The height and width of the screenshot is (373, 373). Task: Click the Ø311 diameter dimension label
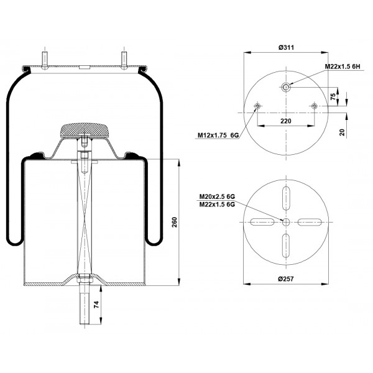click(x=286, y=48)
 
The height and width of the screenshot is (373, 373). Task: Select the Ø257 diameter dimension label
click(x=286, y=279)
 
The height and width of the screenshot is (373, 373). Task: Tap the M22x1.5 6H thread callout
click(x=343, y=67)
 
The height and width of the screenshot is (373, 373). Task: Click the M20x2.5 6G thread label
click(x=217, y=196)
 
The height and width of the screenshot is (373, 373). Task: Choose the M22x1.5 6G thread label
click(x=217, y=205)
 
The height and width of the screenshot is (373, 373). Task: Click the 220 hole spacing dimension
click(x=286, y=121)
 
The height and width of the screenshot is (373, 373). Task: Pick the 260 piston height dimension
click(x=175, y=222)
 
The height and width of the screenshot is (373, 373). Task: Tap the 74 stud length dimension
click(x=96, y=305)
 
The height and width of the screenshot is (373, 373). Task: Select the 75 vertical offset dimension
click(x=333, y=96)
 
